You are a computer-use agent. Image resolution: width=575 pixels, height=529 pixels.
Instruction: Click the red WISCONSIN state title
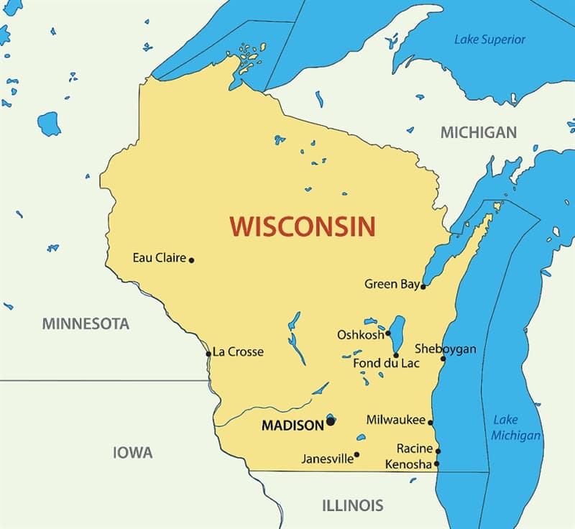(303, 226)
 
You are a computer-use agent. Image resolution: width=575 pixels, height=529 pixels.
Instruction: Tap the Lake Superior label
(489, 40)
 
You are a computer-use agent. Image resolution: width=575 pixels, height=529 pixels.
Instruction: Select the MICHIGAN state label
(478, 132)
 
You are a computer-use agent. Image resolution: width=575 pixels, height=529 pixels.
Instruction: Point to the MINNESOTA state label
(86, 323)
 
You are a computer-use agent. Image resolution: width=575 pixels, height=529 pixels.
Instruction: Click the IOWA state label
(133, 453)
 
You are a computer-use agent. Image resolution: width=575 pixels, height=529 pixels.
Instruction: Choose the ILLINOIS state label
(352, 505)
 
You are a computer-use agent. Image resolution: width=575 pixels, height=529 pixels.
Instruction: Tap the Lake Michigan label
(515, 428)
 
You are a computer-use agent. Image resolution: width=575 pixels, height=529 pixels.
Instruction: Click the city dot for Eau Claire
(191, 259)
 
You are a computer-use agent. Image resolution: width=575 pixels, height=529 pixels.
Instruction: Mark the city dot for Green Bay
(423, 286)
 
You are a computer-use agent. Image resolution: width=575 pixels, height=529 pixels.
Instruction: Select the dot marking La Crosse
(208, 354)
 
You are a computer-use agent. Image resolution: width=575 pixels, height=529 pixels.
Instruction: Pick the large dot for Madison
(331, 422)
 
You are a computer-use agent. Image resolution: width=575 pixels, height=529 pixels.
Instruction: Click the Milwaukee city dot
(431, 422)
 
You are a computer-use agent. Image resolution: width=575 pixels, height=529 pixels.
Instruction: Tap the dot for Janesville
(357, 454)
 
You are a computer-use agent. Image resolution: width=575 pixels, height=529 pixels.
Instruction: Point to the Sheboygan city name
(445, 349)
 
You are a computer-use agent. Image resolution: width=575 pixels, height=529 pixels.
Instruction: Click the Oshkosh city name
(360, 335)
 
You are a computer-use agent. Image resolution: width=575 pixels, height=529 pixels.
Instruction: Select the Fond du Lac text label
(386, 363)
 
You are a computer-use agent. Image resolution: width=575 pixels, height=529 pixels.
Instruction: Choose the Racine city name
(415, 449)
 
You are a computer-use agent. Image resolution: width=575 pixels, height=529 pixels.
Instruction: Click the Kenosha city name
(408, 464)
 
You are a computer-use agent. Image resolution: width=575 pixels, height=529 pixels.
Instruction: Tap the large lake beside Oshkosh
(397, 331)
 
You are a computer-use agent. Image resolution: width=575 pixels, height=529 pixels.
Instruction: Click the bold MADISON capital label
(293, 425)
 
